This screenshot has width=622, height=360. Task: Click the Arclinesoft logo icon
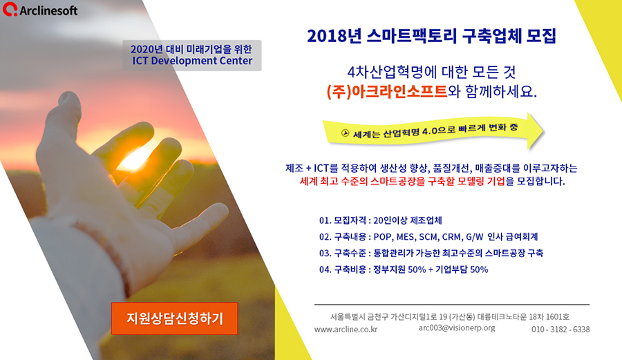pyautogui.click(x=10, y=9)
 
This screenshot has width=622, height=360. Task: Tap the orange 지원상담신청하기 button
pyautogui.click(x=175, y=319)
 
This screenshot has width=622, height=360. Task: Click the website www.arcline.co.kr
pyautogui.click(x=346, y=330)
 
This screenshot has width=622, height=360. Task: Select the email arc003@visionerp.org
pyautogui.click(x=457, y=328)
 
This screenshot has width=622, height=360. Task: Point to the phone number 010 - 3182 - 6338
pyautogui.click(x=560, y=329)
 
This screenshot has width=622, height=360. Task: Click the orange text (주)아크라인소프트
pyautogui.click(x=387, y=92)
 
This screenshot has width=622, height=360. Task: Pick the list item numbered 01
pyautogui.click(x=380, y=220)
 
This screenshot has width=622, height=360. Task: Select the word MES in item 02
pyautogui.click(x=405, y=237)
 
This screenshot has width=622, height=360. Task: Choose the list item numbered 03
pyautogui.click(x=431, y=253)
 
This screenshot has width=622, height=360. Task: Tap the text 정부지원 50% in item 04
pyautogui.click(x=399, y=269)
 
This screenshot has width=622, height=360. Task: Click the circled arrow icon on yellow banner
pyautogui.click(x=345, y=133)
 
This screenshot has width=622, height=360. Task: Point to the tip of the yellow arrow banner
pyautogui.click(x=543, y=131)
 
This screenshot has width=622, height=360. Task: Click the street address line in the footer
pyautogui.click(x=450, y=316)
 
